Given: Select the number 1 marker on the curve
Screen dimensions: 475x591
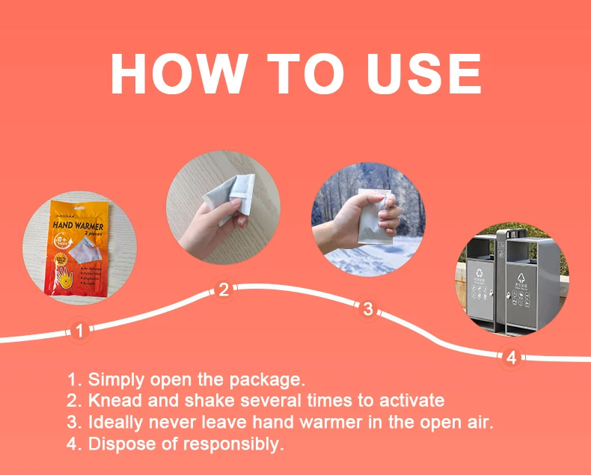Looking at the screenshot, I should (x=81, y=329).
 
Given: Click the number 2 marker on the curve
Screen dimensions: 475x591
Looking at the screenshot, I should (x=223, y=290).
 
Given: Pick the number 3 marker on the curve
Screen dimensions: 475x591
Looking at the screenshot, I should (x=367, y=308).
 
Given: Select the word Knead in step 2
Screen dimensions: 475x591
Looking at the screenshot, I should (x=112, y=400).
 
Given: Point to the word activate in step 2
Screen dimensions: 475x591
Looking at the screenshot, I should (x=414, y=400).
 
